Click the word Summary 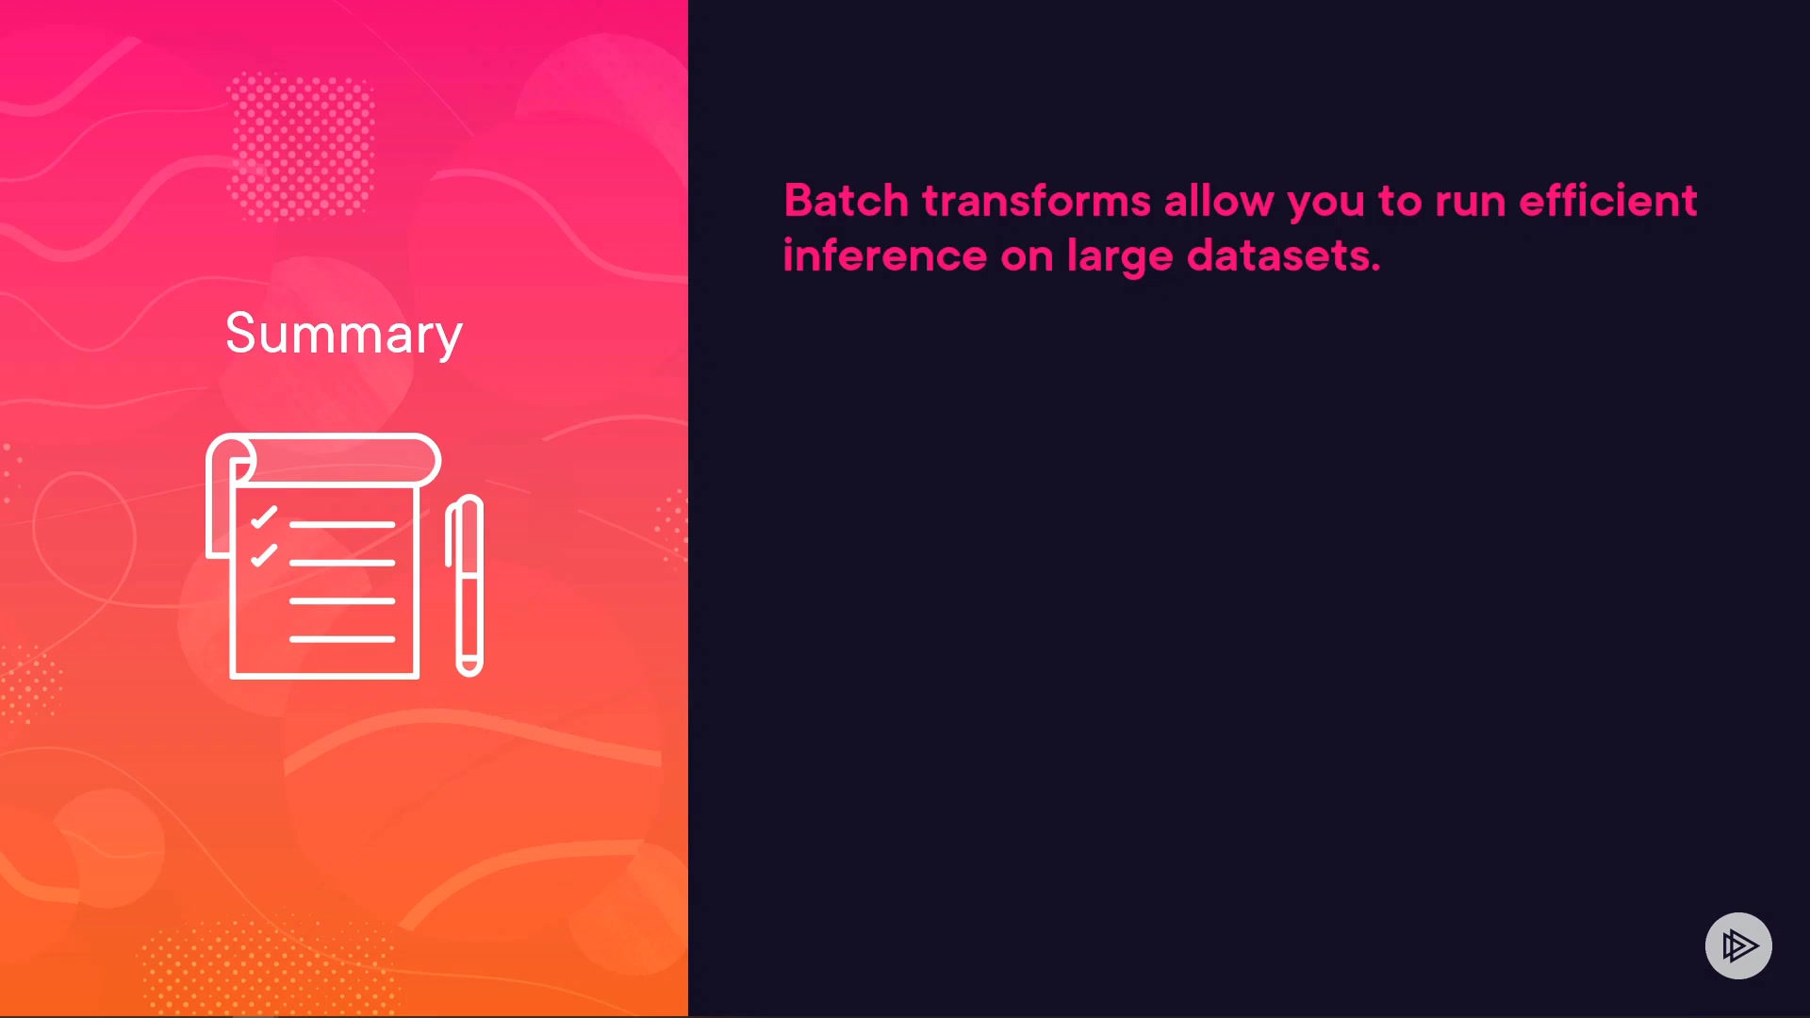pos(344,335)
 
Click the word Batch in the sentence pos(846,201)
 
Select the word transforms pos(1036,201)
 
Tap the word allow pos(1219,201)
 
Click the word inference pos(884,255)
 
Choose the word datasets pos(1283,255)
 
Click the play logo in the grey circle pos(1738,945)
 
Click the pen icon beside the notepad pos(465,585)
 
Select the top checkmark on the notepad pos(264,517)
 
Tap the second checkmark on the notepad pos(264,555)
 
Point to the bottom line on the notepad pos(342,639)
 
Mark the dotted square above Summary pos(301,146)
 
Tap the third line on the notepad pos(342,600)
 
